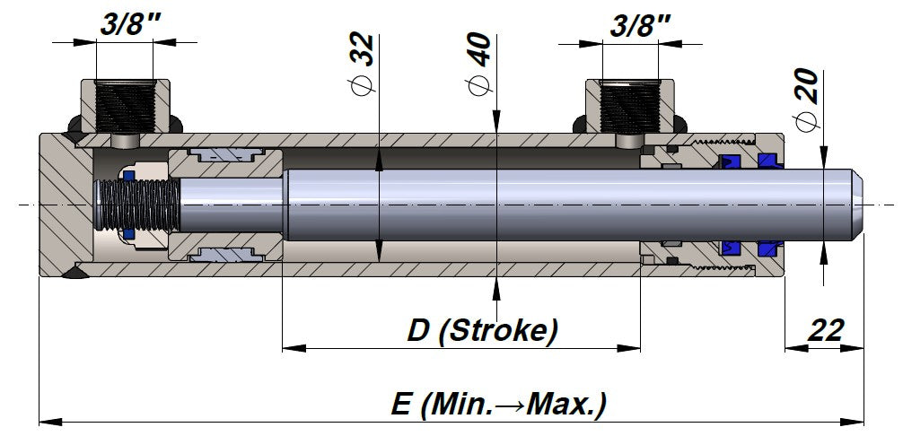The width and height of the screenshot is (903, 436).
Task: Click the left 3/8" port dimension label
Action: point(125,24)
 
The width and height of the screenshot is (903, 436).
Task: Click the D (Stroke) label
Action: point(482,330)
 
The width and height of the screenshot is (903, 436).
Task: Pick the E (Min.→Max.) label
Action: point(498,404)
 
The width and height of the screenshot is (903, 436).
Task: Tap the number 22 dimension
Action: point(825,329)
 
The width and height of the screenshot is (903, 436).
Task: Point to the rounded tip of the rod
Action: point(857,205)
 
